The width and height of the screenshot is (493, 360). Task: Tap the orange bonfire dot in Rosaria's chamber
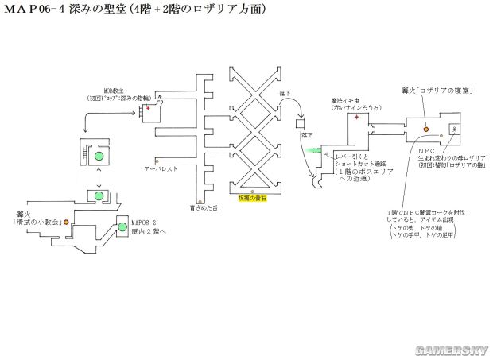pos(425,128)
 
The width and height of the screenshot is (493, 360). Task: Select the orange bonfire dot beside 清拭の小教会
pos(66,221)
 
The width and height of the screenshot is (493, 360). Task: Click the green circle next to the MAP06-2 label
pos(122,227)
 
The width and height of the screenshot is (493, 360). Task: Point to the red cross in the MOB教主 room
pos(146,107)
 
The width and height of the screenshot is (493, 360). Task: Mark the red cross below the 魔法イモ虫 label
pos(357,118)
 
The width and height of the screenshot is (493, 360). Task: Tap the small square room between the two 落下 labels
pos(301,124)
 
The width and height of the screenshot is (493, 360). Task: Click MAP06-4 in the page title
pos(38,10)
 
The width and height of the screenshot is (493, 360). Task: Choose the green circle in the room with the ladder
pos(99,157)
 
